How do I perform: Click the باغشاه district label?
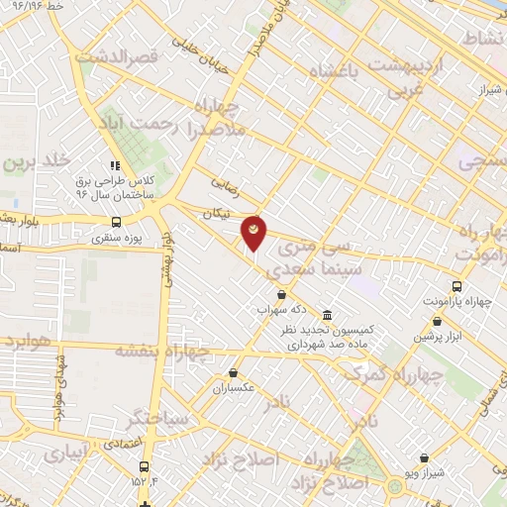click(x=337, y=71)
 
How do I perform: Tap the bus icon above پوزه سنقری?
click(x=117, y=222)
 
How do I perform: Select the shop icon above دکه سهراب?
click(x=282, y=294)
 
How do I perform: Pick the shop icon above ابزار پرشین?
click(x=438, y=321)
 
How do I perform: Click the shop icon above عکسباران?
click(x=233, y=373)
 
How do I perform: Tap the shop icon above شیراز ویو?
click(x=425, y=457)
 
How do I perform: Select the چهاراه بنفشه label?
click(x=163, y=351)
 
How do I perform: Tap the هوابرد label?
click(x=20, y=342)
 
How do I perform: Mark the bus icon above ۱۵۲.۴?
click(x=146, y=466)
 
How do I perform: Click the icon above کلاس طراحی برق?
click(x=115, y=165)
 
